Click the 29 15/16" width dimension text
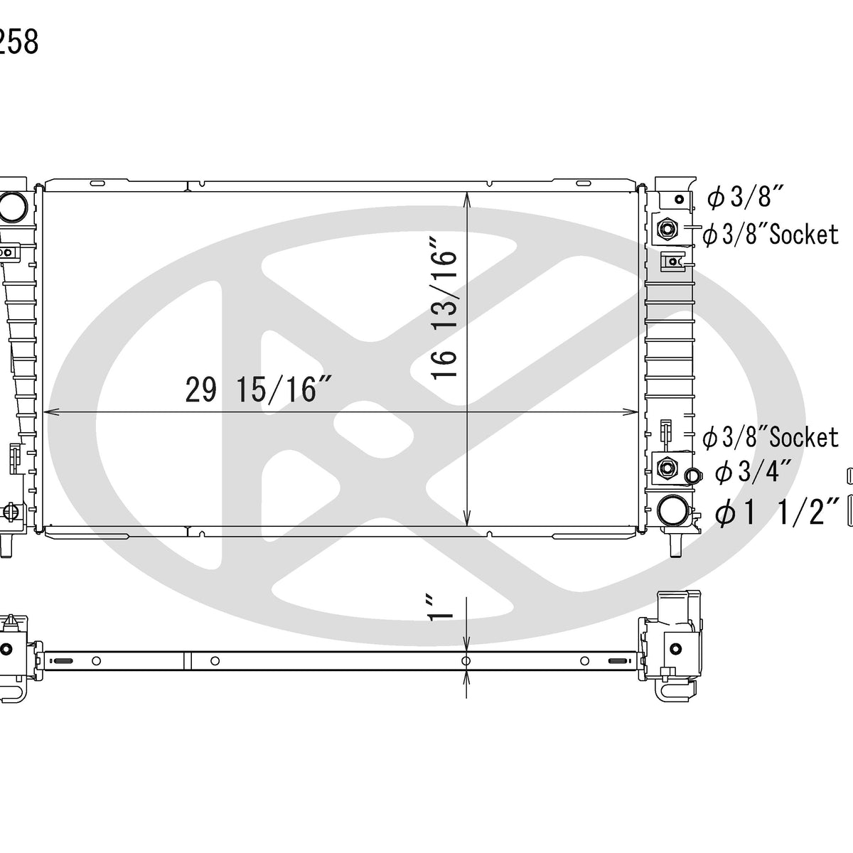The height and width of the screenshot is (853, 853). pos(260,390)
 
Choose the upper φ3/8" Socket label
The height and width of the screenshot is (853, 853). pos(771,235)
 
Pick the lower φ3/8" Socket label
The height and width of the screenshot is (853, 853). pos(771,438)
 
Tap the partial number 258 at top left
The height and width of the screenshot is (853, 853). pos(19,43)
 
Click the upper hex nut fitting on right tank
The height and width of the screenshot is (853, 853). pos(667,228)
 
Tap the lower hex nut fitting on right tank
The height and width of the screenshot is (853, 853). pos(667,467)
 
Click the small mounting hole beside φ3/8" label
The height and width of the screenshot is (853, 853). pos(680,199)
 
